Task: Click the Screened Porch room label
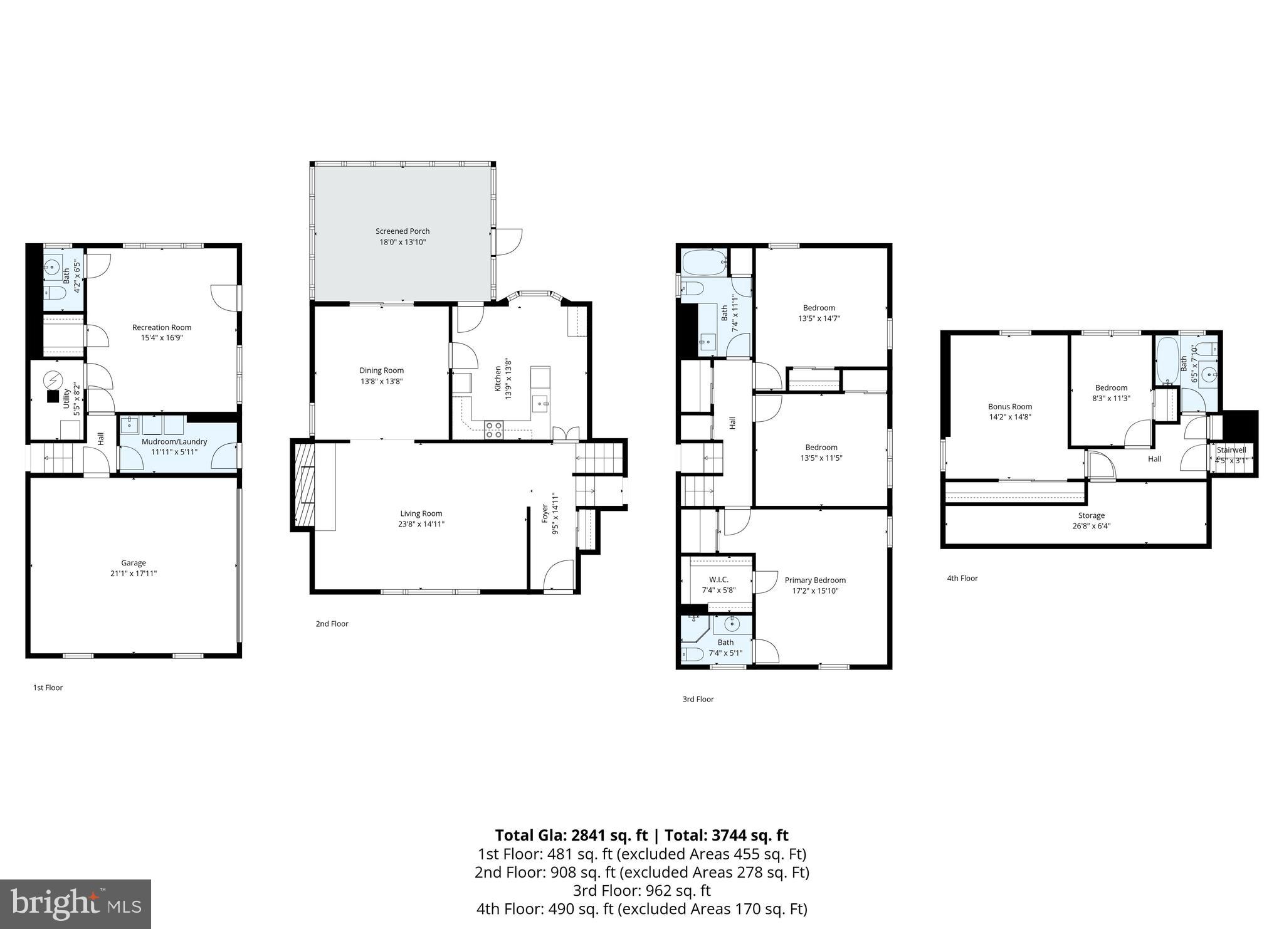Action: [403, 231]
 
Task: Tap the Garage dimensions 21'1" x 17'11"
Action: [134, 574]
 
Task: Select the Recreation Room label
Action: [162, 327]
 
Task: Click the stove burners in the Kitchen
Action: [493, 429]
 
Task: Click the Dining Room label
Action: [381, 370]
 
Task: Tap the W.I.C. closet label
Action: [718, 580]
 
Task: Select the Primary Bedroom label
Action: [815, 580]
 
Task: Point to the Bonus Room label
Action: [1010, 406]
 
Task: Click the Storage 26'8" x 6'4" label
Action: [1092, 521]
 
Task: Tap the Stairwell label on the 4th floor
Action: [1231, 450]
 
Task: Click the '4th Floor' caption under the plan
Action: [962, 579]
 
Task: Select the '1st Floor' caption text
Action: [48, 688]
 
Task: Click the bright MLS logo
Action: [75, 904]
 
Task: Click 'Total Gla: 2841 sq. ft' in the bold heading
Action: [571, 836]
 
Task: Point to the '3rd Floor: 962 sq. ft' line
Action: [641, 890]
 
